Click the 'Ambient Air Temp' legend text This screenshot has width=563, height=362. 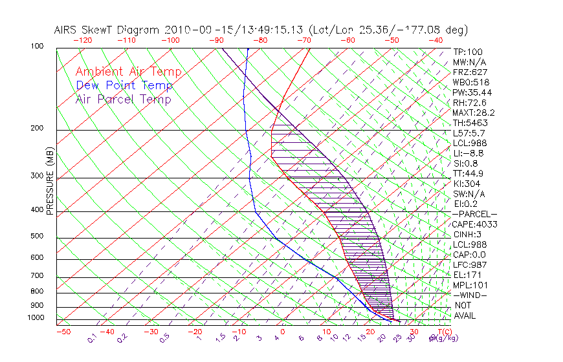point(128,72)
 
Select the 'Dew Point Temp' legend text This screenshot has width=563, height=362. point(124,85)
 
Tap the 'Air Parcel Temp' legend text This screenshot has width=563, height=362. point(124,99)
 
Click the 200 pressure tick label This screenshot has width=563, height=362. point(37,129)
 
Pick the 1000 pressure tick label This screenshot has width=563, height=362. point(36,318)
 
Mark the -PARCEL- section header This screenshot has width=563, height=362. point(474,214)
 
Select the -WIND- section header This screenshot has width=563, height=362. point(470,295)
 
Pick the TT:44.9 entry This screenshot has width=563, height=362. point(469,173)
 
